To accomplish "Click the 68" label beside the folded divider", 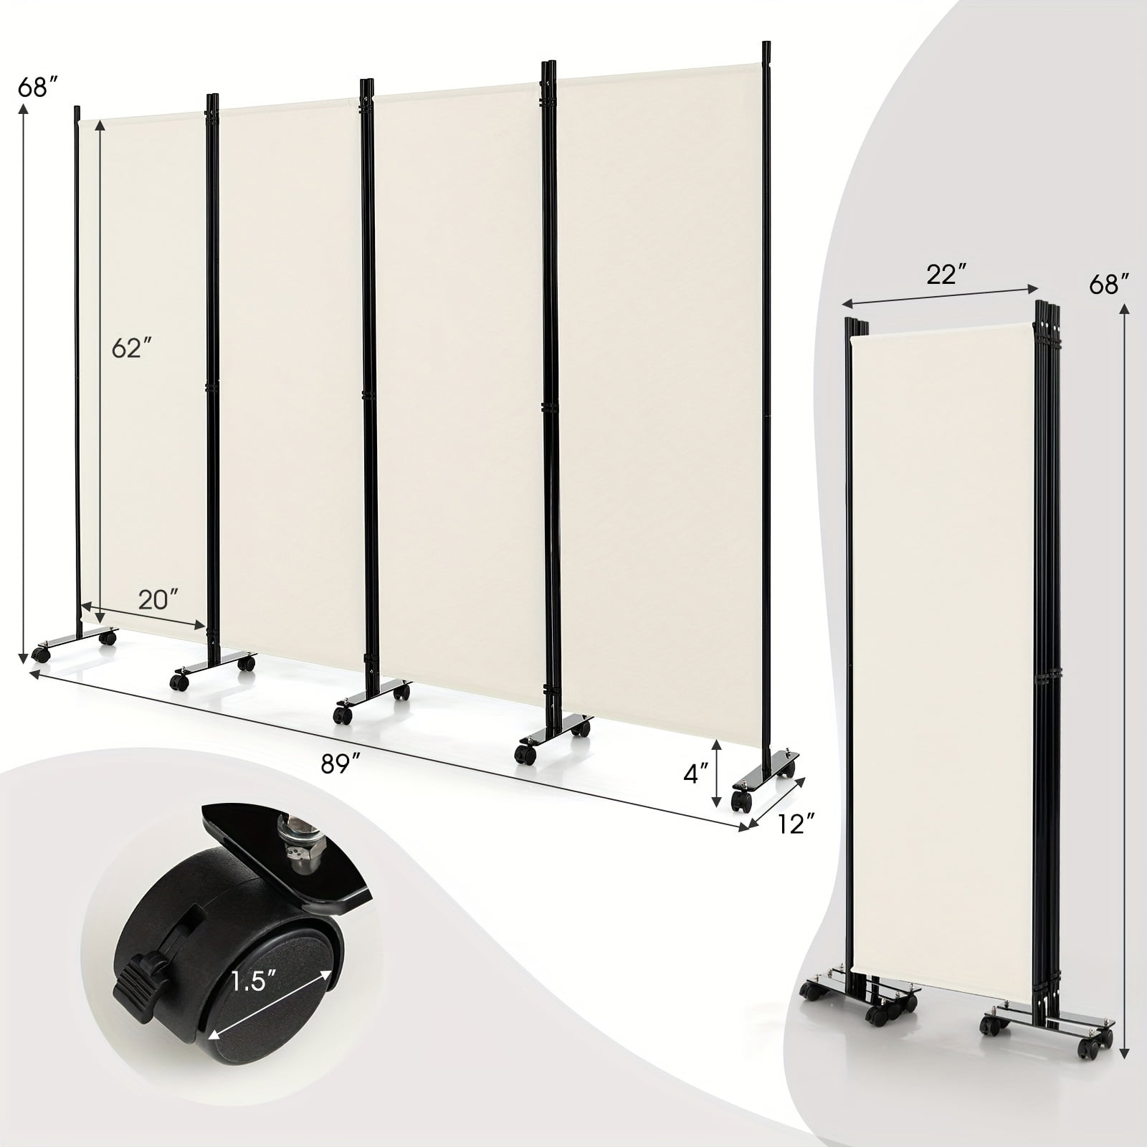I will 1105,285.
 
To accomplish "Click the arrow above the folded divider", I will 940,295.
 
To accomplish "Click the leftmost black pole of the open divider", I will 77,373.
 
